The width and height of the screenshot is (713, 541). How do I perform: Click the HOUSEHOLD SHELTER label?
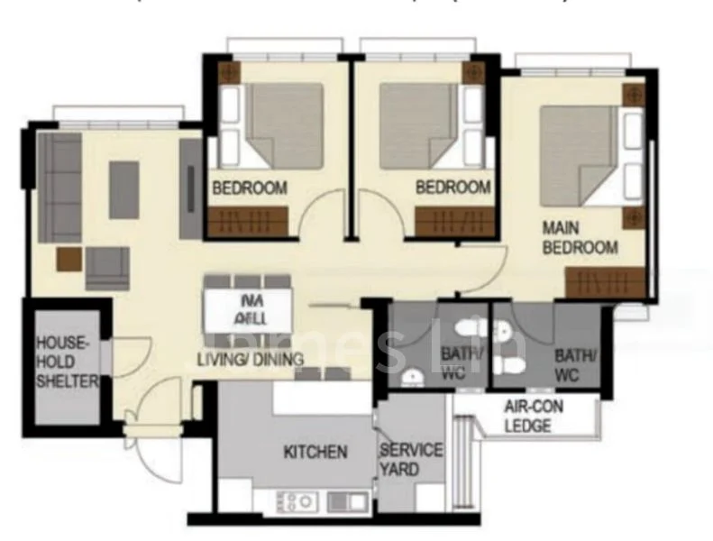[x=66, y=362]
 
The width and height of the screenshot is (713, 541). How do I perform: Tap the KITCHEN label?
[x=315, y=452]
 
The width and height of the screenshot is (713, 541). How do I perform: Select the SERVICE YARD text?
[x=411, y=458]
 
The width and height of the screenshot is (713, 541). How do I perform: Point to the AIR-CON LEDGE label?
[x=534, y=416]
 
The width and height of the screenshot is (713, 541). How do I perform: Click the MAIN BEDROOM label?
[x=580, y=237]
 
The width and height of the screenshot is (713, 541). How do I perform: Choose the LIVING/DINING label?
[x=250, y=360]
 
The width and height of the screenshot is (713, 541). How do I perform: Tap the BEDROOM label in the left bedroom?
[x=250, y=188]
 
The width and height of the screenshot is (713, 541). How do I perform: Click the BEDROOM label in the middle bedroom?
[x=453, y=188]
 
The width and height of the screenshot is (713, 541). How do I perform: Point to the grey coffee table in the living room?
[x=124, y=189]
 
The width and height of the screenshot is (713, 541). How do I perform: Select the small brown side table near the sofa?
[x=69, y=260]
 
